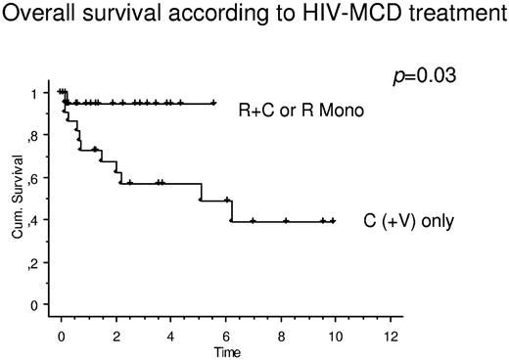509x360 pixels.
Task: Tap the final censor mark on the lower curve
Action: click(x=333, y=221)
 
